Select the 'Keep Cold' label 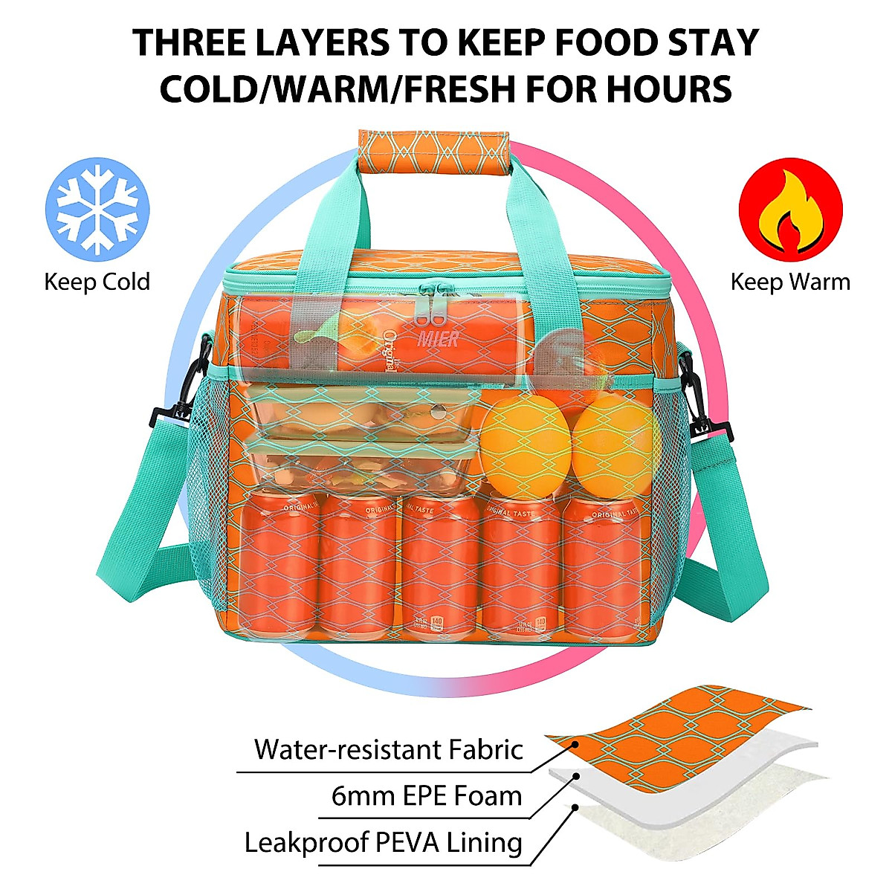[97, 282]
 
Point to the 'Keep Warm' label [789, 282]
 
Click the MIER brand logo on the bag [439, 338]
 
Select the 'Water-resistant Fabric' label [389, 749]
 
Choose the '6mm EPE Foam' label [427, 796]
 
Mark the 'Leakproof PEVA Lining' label [384, 843]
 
